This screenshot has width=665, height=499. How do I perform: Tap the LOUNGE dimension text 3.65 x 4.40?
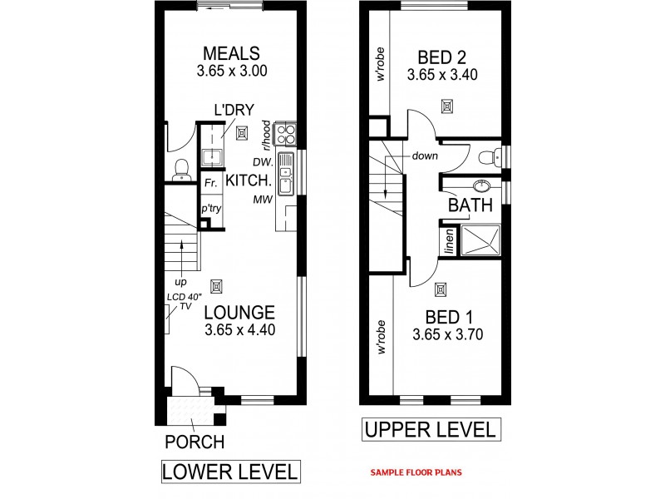(x=239, y=330)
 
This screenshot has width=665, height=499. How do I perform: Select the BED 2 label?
(x=441, y=57)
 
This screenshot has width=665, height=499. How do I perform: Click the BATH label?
(x=470, y=205)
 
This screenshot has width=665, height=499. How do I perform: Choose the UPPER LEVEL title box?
(x=431, y=430)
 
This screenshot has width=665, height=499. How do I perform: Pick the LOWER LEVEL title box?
(x=229, y=472)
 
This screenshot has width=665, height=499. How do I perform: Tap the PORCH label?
(x=194, y=442)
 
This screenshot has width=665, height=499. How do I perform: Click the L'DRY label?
(x=234, y=110)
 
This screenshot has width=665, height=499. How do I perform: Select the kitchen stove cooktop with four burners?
(x=286, y=134)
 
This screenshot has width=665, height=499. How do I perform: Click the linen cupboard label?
(x=448, y=240)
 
